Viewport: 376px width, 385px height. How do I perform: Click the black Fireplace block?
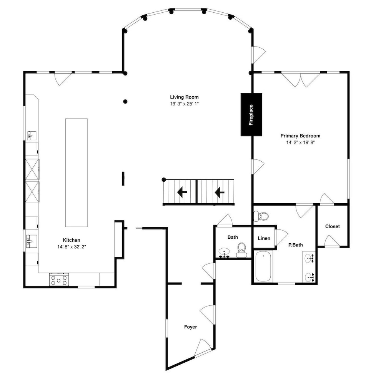click(x=251, y=115)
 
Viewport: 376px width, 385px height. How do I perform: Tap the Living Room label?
click(x=184, y=97)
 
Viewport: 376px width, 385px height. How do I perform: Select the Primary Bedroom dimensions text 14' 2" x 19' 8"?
click(x=300, y=142)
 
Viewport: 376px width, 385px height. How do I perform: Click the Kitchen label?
click(x=72, y=240)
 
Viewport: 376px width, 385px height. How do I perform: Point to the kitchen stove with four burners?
click(x=59, y=280)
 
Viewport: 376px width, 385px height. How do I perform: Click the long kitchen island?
click(x=77, y=172)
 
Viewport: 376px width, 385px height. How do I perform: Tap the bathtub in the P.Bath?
click(x=263, y=266)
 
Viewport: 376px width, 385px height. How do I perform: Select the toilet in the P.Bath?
click(x=261, y=216)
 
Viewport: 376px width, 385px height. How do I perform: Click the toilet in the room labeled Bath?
click(x=242, y=250)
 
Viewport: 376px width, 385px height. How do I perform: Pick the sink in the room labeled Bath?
click(x=224, y=253)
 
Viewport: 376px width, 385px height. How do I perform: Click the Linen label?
click(x=264, y=238)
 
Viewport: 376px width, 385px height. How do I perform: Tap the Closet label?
click(x=333, y=226)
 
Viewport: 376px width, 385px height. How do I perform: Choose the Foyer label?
click(x=190, y=327)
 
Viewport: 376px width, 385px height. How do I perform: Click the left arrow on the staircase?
click(x=182, y=192)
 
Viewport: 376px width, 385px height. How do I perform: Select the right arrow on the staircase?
click(x=220, y=192)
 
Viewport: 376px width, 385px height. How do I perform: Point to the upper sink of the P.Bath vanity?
click(x=309, y=258)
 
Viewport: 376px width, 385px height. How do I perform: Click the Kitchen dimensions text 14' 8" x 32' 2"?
click(x=72, y=247)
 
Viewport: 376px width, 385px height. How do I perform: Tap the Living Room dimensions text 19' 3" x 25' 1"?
click(x=184, y=104)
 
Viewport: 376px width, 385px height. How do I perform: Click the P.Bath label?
click(x=295, y=245)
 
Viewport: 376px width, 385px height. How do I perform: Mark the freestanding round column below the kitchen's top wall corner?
click(x=125, y=101)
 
